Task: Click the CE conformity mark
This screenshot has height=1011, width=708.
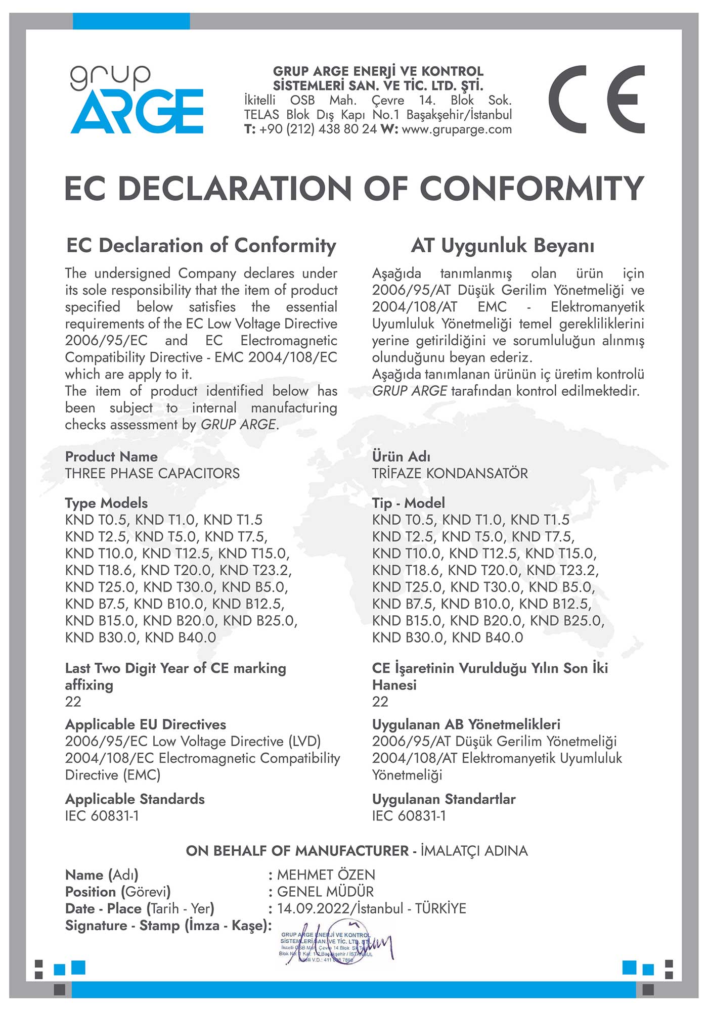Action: coord(596,100)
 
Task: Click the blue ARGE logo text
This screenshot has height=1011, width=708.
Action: coord(137,112)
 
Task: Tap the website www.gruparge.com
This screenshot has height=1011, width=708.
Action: coord(457,129)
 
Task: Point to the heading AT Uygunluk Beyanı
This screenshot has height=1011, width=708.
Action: coord(502,246)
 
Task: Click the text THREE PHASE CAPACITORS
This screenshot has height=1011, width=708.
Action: coord(152,474)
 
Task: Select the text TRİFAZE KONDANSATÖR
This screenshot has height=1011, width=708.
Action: coord(450,474)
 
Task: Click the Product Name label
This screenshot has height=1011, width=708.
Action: coord(111,457)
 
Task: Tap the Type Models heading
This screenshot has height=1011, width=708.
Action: coord(106,503)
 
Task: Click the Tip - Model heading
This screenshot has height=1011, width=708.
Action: coord(408,503)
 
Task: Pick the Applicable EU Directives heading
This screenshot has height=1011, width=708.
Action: coord(146,725)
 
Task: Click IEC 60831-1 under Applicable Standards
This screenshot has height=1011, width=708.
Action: coord(102,816)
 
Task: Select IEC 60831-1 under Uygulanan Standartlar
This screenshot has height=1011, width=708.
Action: coord(409,816)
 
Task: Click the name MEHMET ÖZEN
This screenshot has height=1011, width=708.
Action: coord(326,875)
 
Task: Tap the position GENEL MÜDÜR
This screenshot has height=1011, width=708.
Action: coord(325,892)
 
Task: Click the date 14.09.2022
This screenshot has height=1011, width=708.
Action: coord(313,909)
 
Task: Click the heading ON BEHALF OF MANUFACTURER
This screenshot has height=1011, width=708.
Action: coord(297,851)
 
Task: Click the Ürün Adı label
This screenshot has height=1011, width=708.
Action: coord(401,457)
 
